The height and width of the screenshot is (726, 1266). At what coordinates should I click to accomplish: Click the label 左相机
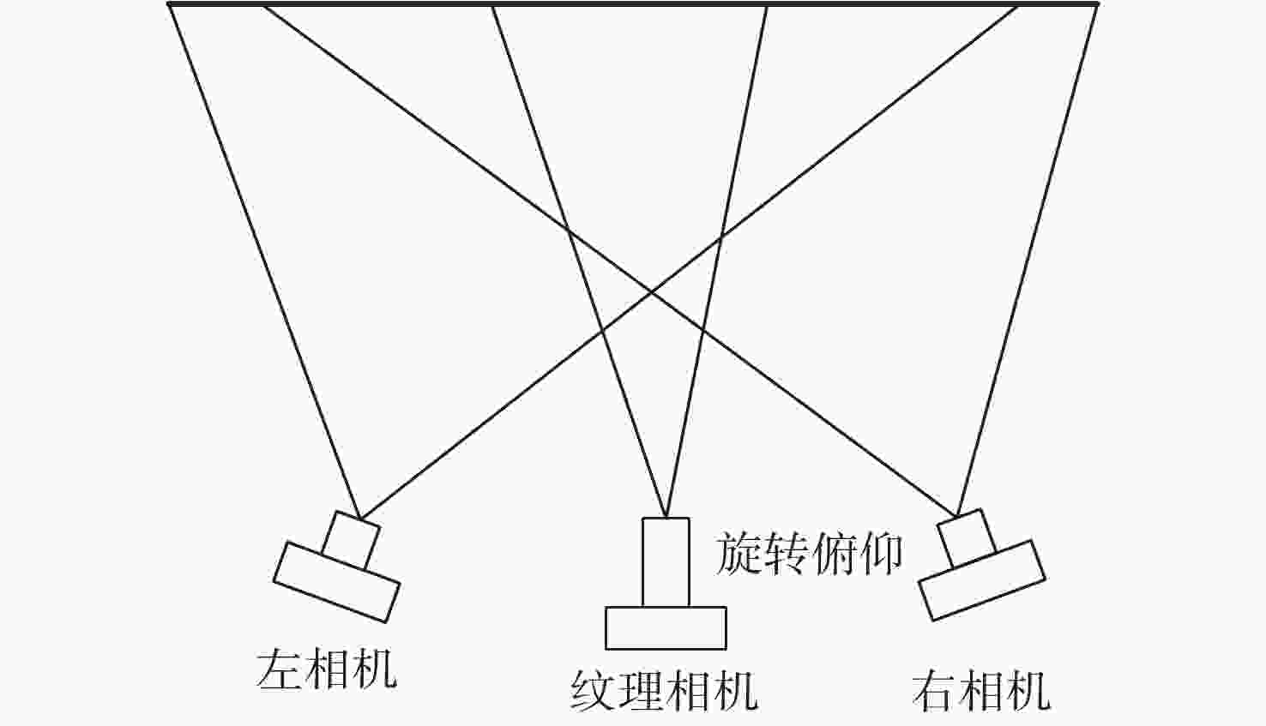(x=326, y=669)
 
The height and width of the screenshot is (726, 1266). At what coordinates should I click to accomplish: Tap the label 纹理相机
(x=664, y=690)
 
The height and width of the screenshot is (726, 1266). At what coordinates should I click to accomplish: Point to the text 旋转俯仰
(x=809, y=554)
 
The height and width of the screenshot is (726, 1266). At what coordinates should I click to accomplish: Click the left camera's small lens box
(x=351, y=541)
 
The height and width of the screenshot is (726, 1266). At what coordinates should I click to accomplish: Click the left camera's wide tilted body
(x=337, y=583)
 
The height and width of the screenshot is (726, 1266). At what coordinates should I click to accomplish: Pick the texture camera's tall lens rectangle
(x=666, y=562)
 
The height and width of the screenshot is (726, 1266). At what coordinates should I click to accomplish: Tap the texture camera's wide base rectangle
(x=666, y=628)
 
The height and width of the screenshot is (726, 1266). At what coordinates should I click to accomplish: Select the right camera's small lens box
(x=967, y=538)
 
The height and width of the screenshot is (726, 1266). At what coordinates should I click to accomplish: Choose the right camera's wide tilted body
(x=982, y=580)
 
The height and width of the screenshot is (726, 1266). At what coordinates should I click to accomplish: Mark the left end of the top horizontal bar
(x=168, y=4)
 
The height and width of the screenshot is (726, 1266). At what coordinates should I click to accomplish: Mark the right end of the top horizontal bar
(x=1098, y=4)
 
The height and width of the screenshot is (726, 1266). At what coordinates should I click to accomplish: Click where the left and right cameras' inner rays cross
(x=651, y=292)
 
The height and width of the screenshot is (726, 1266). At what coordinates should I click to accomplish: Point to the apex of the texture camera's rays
(x=666, y=517)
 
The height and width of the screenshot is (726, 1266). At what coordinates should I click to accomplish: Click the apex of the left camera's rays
(x=360, y=518)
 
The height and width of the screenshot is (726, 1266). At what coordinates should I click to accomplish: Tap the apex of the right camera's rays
(x=956, y=515)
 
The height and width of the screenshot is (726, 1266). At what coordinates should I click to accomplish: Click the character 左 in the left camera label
(x=278, y=669)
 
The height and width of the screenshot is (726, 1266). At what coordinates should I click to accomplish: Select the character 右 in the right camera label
(x=934, y=690)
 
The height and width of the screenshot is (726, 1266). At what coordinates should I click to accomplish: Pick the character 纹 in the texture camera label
(x=593, y=690)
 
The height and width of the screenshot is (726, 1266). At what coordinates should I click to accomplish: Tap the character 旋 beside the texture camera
(x=738, y=554)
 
